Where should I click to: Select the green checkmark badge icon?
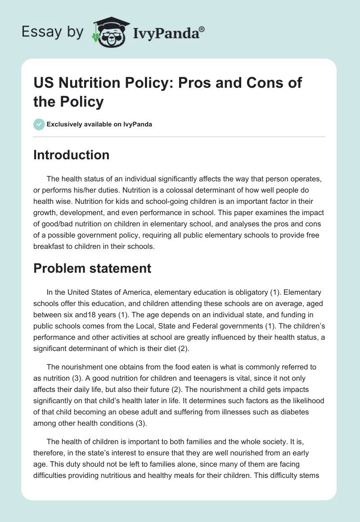click(x=39, y=124)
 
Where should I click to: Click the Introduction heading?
click(x=71, y=155)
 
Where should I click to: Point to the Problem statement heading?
click(x=92, y=268)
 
